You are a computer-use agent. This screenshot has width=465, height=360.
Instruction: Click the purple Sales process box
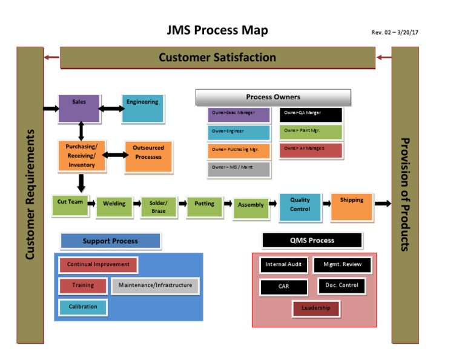coord(79,108)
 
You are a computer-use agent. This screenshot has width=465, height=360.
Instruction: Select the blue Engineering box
coord(142,108)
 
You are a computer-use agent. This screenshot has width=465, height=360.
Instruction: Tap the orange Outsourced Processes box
coord(148,156)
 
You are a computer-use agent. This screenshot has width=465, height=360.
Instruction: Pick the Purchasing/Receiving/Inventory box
coord(82,156)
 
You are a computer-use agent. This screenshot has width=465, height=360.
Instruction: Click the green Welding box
coord(114,205)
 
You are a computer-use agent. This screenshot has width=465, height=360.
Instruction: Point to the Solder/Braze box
coord(159,207)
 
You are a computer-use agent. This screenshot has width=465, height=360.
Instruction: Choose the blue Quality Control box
coord(300,206)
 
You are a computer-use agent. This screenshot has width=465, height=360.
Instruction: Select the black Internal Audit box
coord(283,265)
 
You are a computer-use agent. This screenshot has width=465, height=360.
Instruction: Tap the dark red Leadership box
coord(316,308)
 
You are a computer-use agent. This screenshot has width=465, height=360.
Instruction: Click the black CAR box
coord(283,287)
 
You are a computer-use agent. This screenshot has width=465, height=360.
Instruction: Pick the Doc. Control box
coord(341,285)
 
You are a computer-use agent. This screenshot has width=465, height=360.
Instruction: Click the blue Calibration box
coord(83,307)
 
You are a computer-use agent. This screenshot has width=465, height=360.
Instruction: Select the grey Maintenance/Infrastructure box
coord(155,285)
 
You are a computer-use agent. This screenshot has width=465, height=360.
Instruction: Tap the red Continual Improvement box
coord(98,265)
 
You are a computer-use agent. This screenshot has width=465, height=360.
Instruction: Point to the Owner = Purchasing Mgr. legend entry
coord(239,150)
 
